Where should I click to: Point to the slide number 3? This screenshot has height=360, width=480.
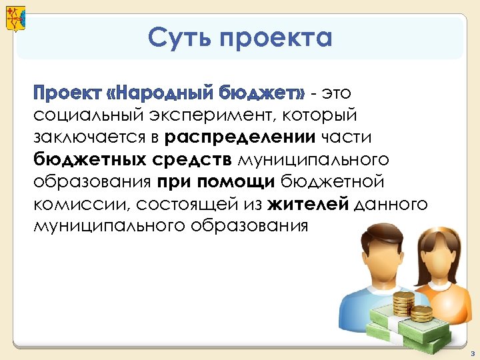point(471,353)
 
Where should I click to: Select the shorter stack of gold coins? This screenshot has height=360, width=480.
point(422,313)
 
